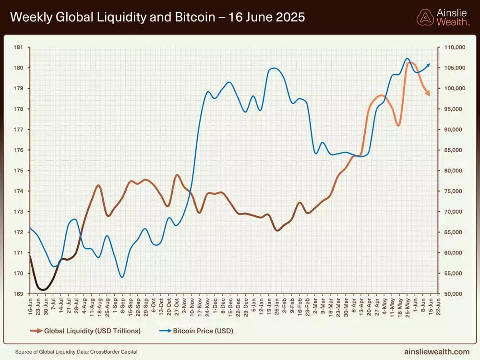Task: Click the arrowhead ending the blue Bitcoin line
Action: tap(428, 64)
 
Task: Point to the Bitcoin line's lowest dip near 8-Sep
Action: tap(122, 277)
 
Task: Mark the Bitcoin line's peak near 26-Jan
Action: tap(274, 68)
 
